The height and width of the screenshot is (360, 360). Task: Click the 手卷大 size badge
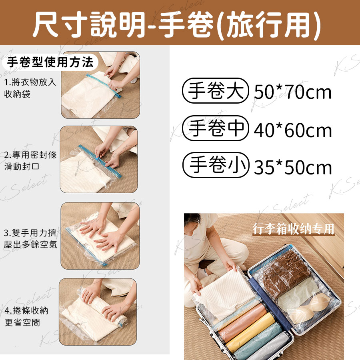tap(215, 91)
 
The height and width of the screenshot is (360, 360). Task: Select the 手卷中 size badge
tap(215, 128)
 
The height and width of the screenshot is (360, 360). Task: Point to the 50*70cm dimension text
tap(293, 92)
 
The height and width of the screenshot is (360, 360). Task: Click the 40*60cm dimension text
tap(293, 130)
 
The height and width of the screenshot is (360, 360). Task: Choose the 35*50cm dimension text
tap(293, 167)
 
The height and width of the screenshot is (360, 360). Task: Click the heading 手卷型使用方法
tap(50, 62)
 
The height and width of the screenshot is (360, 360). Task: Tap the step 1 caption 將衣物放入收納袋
tap(30, 88)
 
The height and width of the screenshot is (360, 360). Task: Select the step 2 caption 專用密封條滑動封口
tap(30, 160)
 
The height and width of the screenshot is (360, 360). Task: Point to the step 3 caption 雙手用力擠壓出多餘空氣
tap(30, 238)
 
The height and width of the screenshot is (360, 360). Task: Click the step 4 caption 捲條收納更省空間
tap(26, 316)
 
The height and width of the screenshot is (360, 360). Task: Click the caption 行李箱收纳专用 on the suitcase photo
tap(293, 229)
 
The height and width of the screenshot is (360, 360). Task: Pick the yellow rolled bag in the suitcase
tap(251, 332)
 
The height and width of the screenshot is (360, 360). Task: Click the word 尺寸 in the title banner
tap(58, 24)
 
